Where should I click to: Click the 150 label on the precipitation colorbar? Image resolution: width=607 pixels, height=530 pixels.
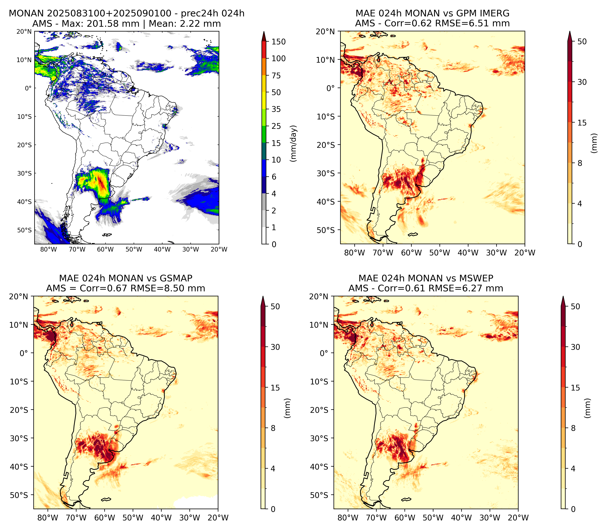(279, 42)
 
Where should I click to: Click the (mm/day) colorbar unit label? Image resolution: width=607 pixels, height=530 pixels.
(293, 143)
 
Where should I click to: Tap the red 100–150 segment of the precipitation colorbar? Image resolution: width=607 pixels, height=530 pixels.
(264, 50)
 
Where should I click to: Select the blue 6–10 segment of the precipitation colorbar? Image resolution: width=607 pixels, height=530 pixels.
(264, 168)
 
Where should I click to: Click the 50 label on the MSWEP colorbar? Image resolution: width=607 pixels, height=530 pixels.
(575, 306)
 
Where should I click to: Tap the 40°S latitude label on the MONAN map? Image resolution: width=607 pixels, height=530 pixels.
(24, 202)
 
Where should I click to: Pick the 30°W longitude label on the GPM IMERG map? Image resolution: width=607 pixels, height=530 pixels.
(496, 253)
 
